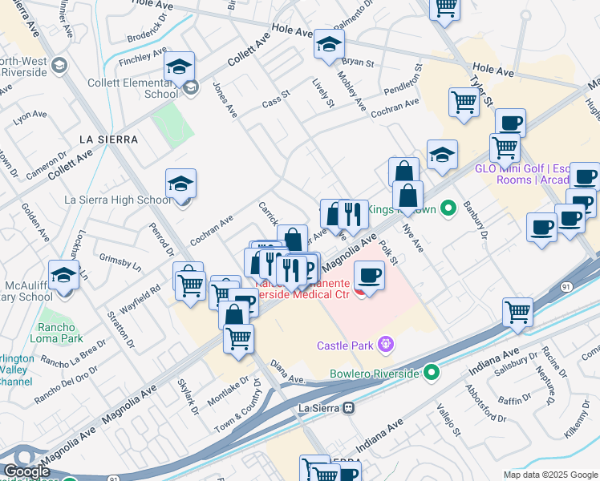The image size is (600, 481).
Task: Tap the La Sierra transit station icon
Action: [x=348, y=407]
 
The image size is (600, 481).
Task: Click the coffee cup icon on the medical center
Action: [x=369, y=276]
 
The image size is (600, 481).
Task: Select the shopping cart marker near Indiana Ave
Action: [x=518, y=311]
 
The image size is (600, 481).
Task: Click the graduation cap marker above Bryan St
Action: [x=329, y=46]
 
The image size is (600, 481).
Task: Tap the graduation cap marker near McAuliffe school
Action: [x=63, y=275]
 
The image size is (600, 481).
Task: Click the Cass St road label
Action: [x=275, y=102]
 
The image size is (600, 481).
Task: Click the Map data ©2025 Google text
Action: [x=550, y=475]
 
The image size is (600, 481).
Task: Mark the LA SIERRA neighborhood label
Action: [x=109, y=139]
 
